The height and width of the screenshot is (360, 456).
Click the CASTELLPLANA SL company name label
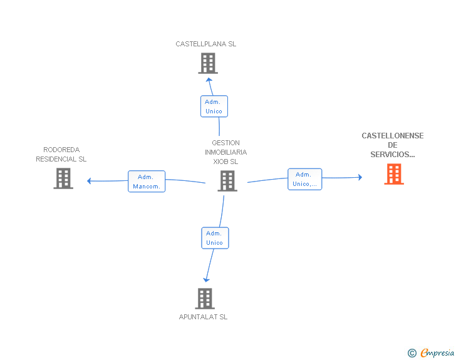tap(205, 44)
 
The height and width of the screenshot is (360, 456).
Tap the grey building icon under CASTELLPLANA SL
tap(208, 63)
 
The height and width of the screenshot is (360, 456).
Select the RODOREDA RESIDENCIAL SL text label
tap(61, 155)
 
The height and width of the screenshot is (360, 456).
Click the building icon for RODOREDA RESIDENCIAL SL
tap(63, 178)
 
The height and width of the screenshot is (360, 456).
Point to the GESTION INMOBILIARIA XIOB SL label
tap(225, 152)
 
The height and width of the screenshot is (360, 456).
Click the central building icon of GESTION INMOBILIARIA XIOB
tap(227, 181)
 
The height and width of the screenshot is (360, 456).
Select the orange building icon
tap(394, 174)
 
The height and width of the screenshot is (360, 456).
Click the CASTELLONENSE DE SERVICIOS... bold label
tap(393, 145)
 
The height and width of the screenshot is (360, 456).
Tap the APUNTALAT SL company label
tap(203, 317)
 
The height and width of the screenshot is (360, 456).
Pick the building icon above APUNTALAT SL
tap(205, 299)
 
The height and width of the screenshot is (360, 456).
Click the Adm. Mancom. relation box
tap(147, 182)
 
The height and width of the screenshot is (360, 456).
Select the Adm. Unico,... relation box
tap(305, 179)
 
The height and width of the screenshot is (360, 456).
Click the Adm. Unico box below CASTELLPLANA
tap(214, 106)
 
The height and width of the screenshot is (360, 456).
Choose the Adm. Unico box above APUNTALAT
tap(215, 238)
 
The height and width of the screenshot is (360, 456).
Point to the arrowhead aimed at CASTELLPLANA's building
tap(209, 80)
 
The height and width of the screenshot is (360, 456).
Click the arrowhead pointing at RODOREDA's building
tap(90, 181)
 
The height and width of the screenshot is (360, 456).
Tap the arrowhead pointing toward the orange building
tap(360, 177)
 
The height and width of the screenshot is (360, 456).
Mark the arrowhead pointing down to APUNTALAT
tap(206, 280)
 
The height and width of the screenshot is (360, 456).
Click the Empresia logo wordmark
tap(437, 353)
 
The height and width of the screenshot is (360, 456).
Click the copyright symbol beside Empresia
tap(412, 353)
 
